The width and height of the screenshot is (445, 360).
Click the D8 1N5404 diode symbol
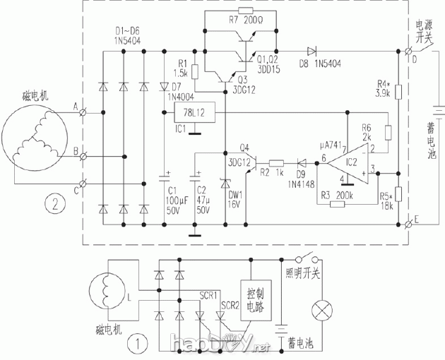pyautogui.click(x=310, y=51)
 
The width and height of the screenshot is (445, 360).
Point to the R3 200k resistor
pyautogui.click(x=337, y=204)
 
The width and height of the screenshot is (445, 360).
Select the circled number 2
pyautogui.click(x=51, y=205)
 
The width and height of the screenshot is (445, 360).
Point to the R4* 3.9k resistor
pyautogui.click(x=398, y=91)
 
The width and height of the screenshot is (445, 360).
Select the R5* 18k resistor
pyautogui.click(x=398, y=193)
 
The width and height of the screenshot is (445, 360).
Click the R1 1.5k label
pyautogui.click(x=179, y=68)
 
